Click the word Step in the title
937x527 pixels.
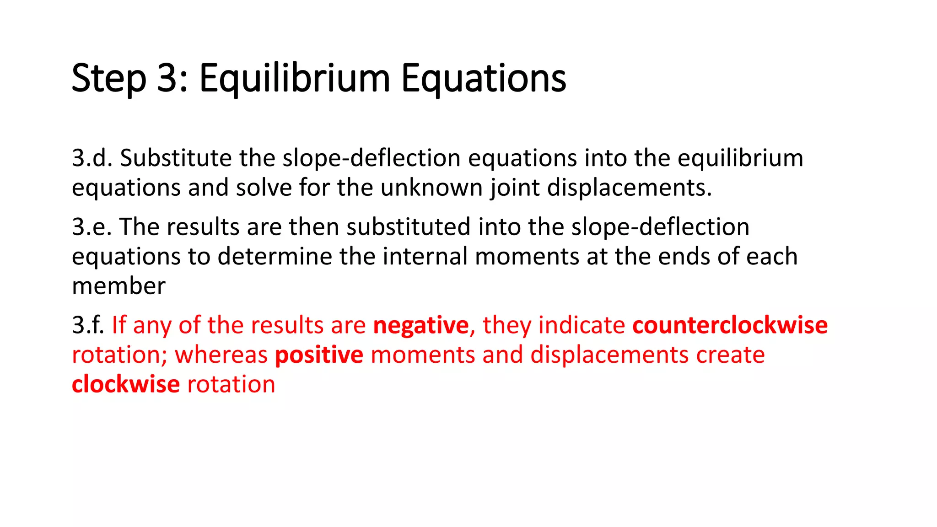[109, 78]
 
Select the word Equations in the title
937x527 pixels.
[484, 78]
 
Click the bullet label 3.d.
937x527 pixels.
[92, 158]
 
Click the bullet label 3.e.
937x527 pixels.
[92, 227]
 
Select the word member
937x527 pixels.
[118, 286]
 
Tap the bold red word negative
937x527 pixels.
[421, 325]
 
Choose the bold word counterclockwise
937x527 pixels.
[730, 325]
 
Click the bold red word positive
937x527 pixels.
[319, 355]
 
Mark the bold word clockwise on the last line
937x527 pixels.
[126, 384]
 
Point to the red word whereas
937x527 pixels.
[221, 355]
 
